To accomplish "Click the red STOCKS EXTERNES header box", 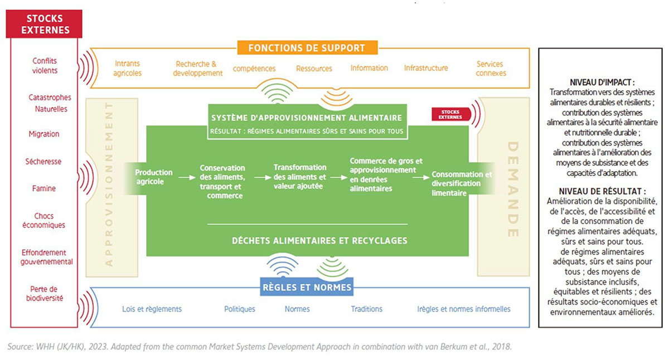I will coord(44,24).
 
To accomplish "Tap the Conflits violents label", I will coord(44,66).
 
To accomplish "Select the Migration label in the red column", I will coord(44,134).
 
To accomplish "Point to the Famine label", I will coord(44,188).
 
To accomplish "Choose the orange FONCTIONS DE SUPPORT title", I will coord(308,47).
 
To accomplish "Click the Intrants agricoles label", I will coord(128,68).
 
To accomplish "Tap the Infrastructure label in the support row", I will coord(426,68).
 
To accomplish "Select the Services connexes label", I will coord(491,68).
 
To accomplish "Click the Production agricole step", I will coord(154,177).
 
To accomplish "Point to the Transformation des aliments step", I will coord(299,177).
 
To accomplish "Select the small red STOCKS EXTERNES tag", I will coord(450,114).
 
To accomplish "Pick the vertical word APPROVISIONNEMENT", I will coord(109,184).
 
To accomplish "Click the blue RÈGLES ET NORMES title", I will coord(307,288).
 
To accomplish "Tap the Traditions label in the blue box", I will coord(366,309).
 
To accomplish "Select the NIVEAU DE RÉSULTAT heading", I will coord(598,190).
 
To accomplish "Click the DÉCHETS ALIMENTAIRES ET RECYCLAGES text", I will coord(319,241).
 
